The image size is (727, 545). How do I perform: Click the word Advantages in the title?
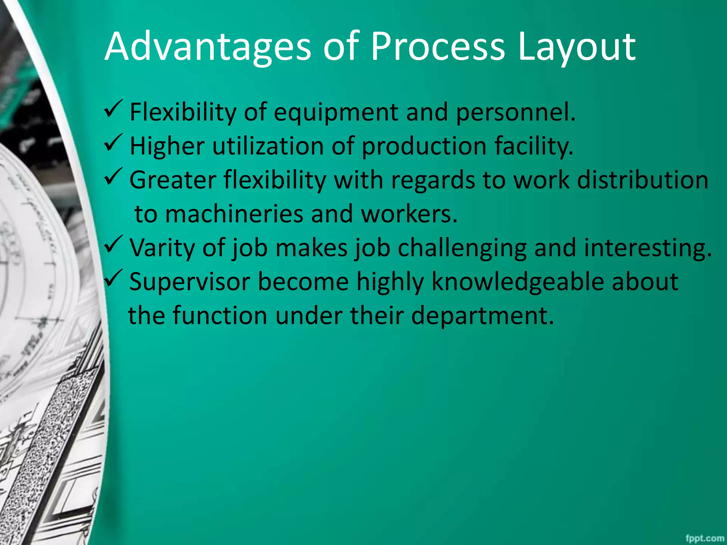pyautogui.click(x=208, y=47)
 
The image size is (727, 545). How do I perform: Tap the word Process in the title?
pyautogui.click(x=437, y=47)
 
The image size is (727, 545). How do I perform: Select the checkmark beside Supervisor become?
pyautogui.click(x=114, y=279)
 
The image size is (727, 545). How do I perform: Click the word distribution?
pyautogui.click(x=643, y=180)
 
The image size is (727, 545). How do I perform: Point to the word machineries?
pyautogui.click(x=234, y=214)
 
